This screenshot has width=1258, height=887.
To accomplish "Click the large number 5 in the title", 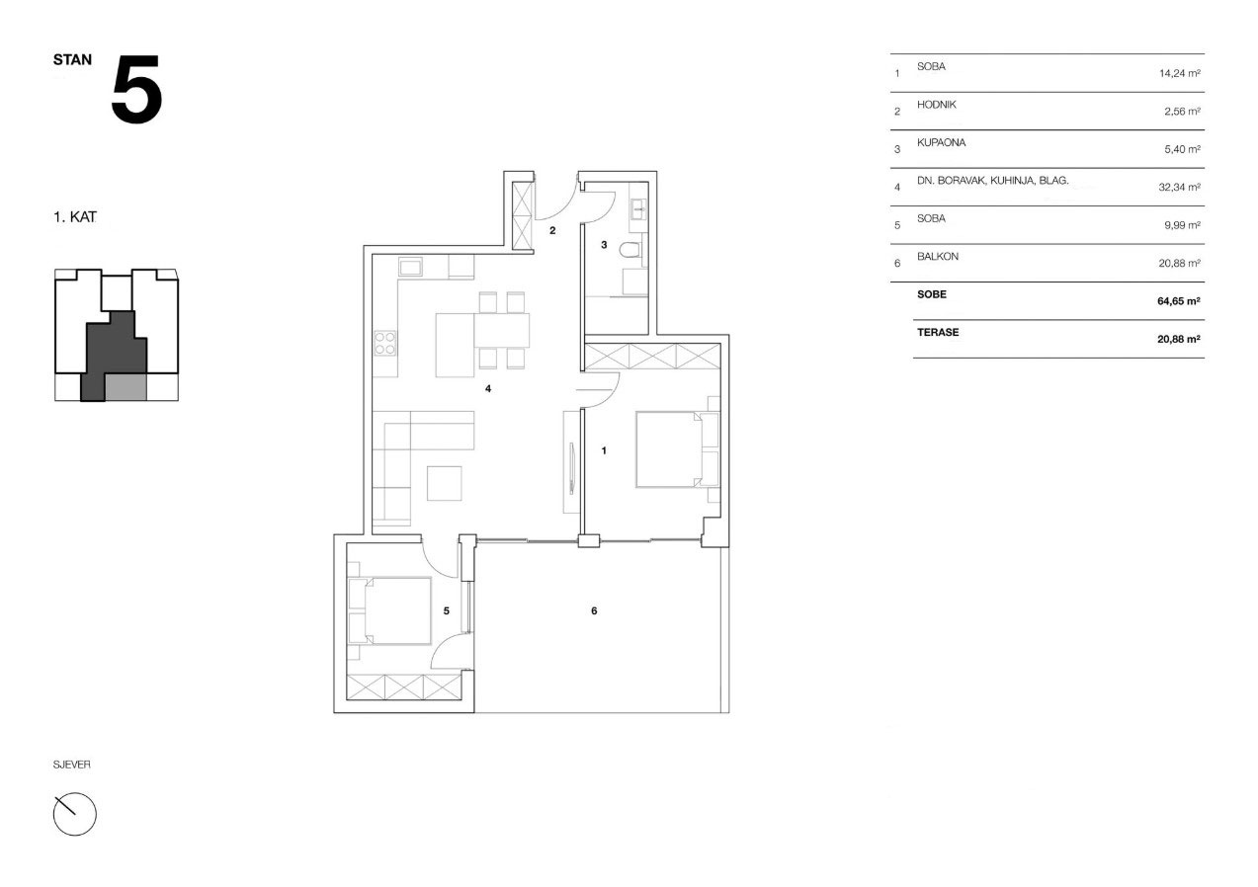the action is [137, 89].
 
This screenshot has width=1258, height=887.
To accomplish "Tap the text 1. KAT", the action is [75, 216].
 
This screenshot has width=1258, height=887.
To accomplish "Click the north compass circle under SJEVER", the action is [75, 814].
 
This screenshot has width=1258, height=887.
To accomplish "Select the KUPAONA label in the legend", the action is [941, 142].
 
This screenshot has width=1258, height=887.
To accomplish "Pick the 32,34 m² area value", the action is [1179, 187].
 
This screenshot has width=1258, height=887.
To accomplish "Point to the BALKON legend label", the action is [938, 257].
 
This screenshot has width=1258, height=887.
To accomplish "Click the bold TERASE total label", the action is [938, 332].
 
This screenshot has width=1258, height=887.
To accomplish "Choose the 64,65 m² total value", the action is [1179, 301].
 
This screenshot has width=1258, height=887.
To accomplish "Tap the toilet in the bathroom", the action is [631, 249].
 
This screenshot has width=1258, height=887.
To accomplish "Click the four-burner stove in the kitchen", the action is [385, 343].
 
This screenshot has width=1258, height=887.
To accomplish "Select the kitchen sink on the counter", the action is [410, 267].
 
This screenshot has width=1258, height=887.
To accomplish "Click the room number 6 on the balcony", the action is [594, 610].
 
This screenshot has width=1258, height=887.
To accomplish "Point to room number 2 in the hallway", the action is [552, 230].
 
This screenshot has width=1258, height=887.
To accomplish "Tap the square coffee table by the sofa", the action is [445, 483].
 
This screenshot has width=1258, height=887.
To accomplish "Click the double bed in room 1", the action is [678, 449].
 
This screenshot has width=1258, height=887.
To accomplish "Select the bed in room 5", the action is [389, 610].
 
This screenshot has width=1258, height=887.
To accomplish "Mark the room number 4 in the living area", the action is [488, 388].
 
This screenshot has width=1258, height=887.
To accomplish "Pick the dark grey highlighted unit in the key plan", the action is [114, 353].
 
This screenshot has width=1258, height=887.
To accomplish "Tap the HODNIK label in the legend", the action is [937, 105].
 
